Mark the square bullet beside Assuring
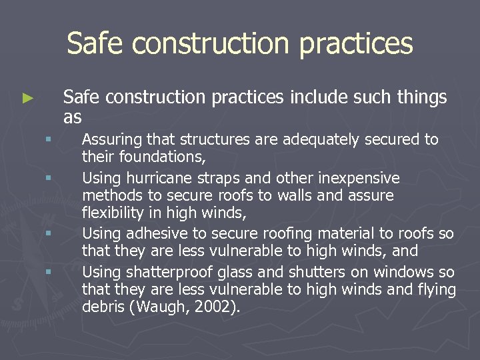48,139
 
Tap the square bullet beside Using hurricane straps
48,178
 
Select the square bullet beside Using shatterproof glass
48,272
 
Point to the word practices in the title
357,44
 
